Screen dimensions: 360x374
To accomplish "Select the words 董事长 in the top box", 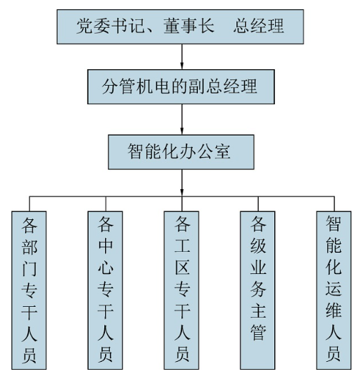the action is tap(189, 26).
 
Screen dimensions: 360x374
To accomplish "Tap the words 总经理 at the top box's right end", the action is tap(259, 26).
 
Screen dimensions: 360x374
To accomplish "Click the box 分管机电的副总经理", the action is tap(181, 87).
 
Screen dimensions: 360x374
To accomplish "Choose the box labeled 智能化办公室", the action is tap(181, 152).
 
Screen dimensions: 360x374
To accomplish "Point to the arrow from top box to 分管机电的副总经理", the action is tap(182, 57).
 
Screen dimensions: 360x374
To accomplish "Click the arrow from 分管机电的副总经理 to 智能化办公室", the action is tap(182, 119).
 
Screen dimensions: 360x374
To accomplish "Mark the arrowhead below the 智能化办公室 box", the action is tap(182, 192).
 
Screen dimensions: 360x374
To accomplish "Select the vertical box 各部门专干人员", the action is tap(29, 290).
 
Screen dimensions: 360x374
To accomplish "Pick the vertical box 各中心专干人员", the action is tap(105, 290).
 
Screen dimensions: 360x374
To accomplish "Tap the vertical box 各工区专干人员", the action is tap(181, 290).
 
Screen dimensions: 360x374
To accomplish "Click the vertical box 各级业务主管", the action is tap(258, 290).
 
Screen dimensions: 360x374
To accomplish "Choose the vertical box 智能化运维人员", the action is tap(334, 290).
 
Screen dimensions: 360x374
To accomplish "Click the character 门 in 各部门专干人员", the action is tap(29, 268).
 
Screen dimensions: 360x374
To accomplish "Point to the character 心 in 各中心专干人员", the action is tap(106, 267).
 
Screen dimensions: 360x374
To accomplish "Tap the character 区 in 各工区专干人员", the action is tap(182, 267).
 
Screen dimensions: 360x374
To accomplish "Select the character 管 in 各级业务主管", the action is tap(258, 333).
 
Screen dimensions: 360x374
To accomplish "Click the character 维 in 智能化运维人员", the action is tap(334, 310).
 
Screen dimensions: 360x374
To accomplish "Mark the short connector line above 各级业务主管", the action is tap(258, 204).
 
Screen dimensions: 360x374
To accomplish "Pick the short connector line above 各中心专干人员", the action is tap(106, 204).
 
